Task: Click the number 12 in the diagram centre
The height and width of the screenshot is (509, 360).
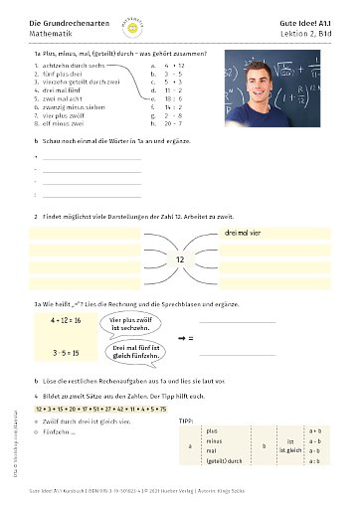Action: tap(180, 258)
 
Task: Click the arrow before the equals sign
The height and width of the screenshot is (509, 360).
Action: tap(181, 338)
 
